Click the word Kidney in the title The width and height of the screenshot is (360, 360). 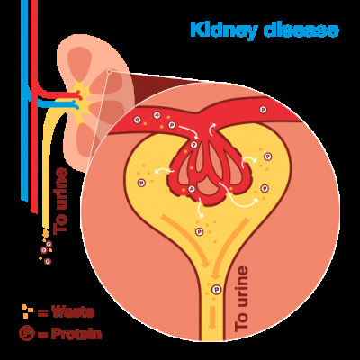(x=224, y=31)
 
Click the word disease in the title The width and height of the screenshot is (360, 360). (x=301, y=30)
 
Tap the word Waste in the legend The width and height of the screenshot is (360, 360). (x=72, y=312)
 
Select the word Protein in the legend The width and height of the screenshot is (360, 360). (x=76, y=334)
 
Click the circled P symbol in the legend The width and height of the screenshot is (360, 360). (x=27, y=333)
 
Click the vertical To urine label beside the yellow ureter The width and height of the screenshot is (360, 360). (x=60, y=201)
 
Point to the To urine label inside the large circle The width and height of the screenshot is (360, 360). (x=241, y=299)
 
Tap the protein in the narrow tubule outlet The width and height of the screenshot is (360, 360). (x=217, y=290)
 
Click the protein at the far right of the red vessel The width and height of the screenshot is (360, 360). (x=263, y=110)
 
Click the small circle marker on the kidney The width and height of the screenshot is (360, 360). (x=110, y=71)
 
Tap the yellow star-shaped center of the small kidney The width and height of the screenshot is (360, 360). (x=84, y=95)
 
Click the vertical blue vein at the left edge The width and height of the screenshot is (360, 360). (x=24, y=101)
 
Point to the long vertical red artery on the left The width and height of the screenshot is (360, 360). (x=34, y=106)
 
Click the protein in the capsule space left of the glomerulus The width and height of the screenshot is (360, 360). (x=141, y=183)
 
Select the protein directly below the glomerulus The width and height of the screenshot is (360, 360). (x=199, y=231)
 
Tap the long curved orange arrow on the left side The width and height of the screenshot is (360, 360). (x=187, y=240)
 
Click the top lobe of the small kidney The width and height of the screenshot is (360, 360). (x=79, y=60)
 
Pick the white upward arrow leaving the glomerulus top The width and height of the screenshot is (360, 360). (x=211, y=130)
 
